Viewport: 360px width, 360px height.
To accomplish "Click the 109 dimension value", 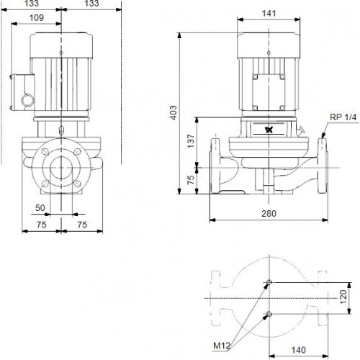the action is click(x=37, y=17).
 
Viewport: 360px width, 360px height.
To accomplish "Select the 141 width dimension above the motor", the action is click(x=269, y=13).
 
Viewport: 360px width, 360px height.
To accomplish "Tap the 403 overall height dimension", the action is click(x=173, y=112).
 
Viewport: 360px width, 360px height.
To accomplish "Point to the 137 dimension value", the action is click(x=191, y=141).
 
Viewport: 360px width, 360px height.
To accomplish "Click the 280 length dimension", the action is click(x=269, y=213).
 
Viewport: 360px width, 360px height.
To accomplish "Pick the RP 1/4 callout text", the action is click(x=343, y=117).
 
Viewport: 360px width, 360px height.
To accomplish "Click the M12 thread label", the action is click(x=222, y=346).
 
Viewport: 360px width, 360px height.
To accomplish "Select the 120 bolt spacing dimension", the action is click(x=343, y=297).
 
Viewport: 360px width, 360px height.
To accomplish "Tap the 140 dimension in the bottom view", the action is click(x=298, y=350).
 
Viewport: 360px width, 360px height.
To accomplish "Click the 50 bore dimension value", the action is click(x=40, y=207).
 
